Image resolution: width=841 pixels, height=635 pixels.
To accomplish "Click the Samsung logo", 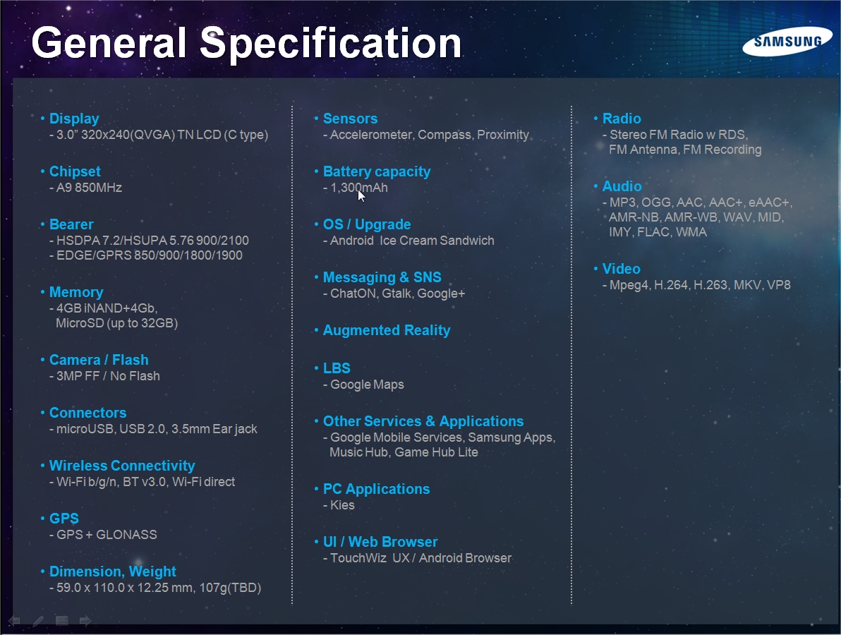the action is [x=787, y=42].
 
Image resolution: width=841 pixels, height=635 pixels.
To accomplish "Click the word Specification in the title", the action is [x=330, y=44].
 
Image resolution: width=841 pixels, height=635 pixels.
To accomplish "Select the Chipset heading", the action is [x=75, y=171].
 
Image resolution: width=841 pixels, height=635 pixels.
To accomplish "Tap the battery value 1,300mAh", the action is [x=359, y=188].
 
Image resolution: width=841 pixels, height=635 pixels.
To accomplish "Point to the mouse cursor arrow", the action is [x=361, y=195].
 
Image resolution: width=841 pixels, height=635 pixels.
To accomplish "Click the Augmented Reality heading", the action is [x=387, y=330].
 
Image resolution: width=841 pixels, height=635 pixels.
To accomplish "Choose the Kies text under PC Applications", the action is [x=342, y=505].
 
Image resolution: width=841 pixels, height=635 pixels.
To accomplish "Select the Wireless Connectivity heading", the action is [x=122, y=466].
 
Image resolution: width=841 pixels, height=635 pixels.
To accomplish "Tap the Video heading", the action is [x=621, y=269].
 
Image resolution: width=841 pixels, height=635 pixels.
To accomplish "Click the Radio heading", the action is [x=622, y=119].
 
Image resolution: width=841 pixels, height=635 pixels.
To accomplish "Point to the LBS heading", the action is [x=337, y=368].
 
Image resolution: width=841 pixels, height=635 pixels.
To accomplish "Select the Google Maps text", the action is [x=367, y=385].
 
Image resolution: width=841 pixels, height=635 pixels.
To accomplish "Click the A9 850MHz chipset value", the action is [x=89, y=188].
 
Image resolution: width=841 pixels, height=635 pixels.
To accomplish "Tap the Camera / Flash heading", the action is [x=99, y=360].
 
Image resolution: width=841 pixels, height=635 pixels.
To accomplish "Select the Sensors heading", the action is [x=350, y=119].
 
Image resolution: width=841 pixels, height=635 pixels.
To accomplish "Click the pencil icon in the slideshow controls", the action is [x=38, y=621].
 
